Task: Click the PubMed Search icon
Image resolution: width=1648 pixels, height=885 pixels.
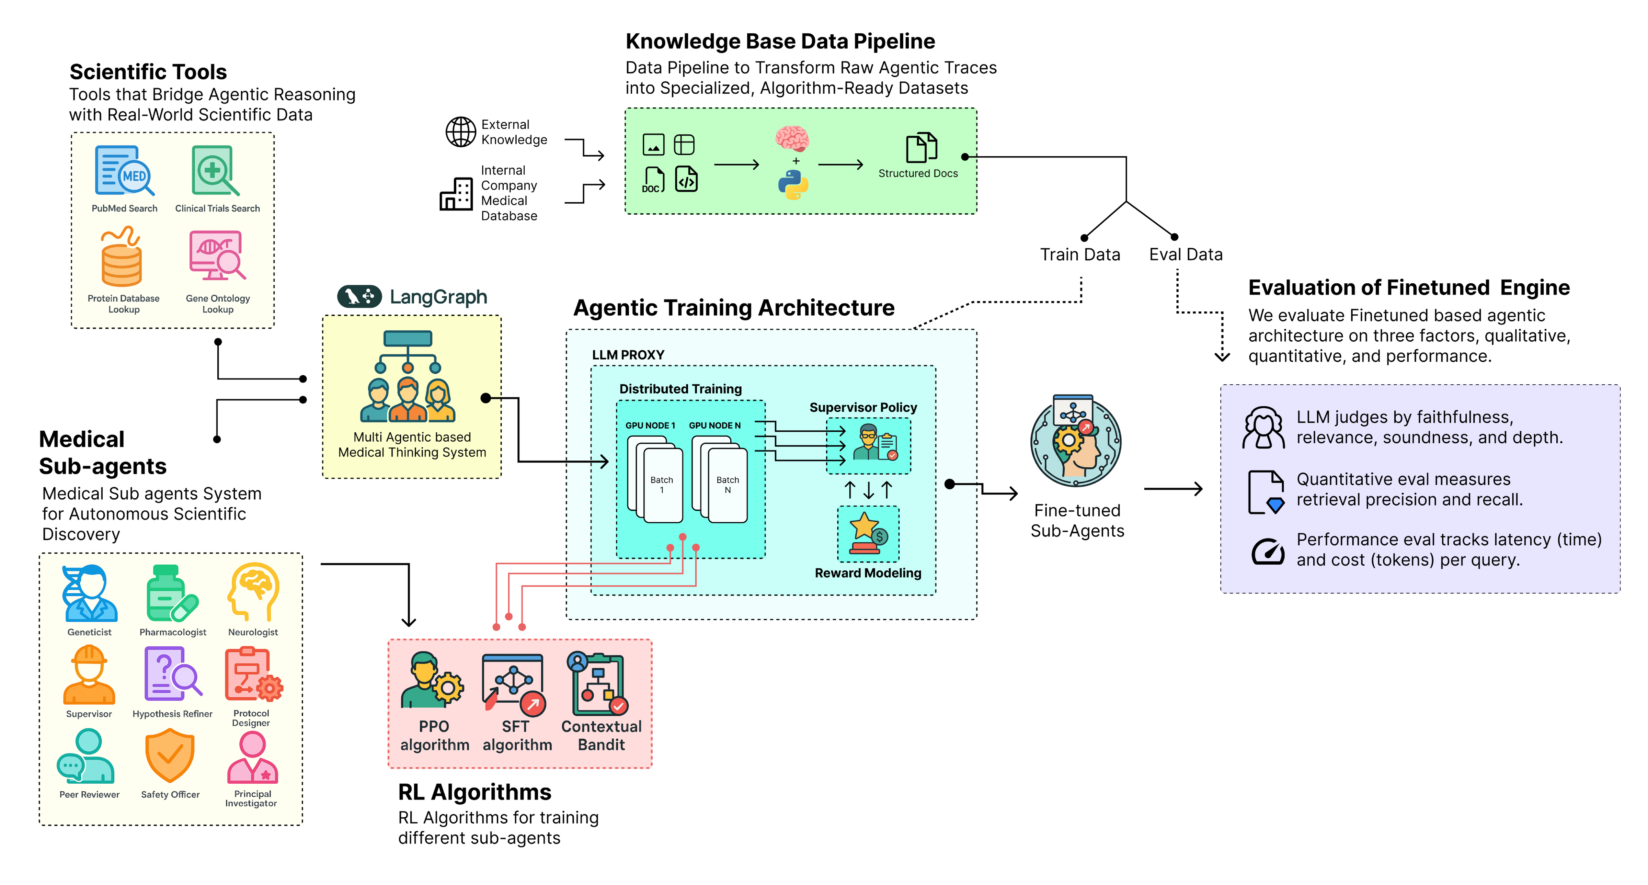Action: click(124, 171)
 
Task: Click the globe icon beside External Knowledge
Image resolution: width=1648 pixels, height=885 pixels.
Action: click(460, 132)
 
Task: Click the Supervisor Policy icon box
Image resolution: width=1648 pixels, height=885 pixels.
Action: click(868, 445)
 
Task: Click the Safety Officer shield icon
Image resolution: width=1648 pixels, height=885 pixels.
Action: click(170, 756)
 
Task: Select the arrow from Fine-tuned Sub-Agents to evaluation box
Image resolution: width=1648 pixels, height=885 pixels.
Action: click(1173, 489)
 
